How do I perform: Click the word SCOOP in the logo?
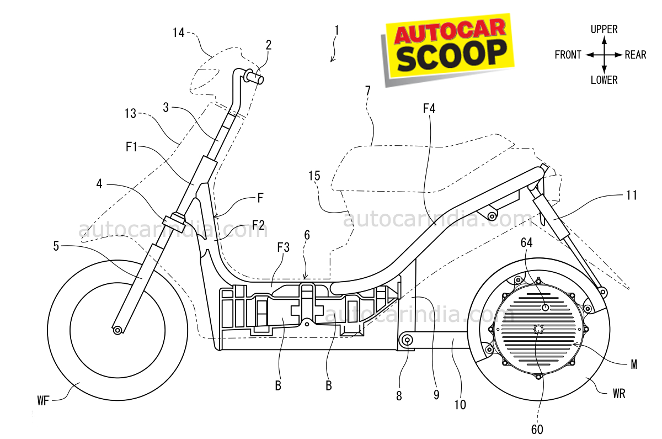pyautogui.click(x=451, y=56)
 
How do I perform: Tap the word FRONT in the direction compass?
pyautogui.click(x=568, y=55)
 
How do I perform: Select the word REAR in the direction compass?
pyautogui.click(x=636, y=55)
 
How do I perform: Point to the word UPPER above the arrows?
pyautogui.click(x=604, y=29)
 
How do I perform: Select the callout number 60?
pyautogui.click(x=536, y=429)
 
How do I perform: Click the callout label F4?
pyautogui.click(x=429, y=109)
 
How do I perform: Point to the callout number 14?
pyautogui.click(x=178, y=33)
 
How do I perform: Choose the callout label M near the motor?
pyautogui.click(x=634, y=364)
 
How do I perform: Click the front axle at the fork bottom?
pyautogui.click(x=117, y=330)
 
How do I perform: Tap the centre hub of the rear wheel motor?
pyautogui.click(x=538, y=329)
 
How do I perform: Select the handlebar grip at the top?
pyautogui.click(x=257, y=78)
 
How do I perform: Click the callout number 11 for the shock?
pyautogui.click(x=631, y=195)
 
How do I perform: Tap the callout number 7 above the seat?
pyautogui.click(x=367, y=90)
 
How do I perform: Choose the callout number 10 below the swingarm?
pyautogui.click(x=460, y=405)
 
